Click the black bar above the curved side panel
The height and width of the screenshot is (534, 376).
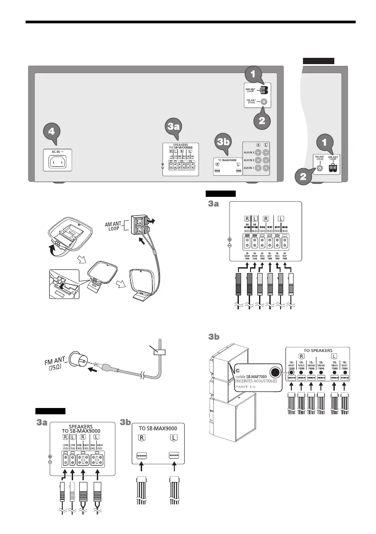tap(318, 61)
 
